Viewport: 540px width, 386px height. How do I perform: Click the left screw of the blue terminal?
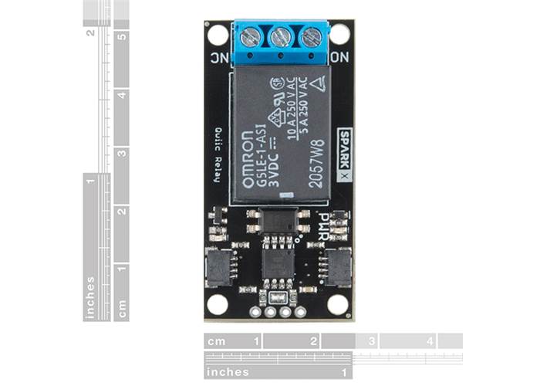tap(250, 37)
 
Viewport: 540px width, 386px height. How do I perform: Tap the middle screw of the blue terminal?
tap(281, 37)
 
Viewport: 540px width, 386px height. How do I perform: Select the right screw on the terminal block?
tap(311, 37)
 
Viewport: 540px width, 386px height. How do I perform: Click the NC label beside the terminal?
tap(218, 57)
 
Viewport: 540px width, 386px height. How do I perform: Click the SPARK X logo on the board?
tap(345, 155)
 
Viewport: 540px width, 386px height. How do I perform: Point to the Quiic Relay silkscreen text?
tap(218, 155)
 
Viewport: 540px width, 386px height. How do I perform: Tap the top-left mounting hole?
tap(218, 34)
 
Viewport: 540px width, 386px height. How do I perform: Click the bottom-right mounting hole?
tap(338, 304)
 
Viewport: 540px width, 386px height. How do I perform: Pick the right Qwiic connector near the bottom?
tap(338, 267)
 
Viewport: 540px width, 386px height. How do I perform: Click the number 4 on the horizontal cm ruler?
tap(430, 340)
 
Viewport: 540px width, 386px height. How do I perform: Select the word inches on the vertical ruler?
tap(90, 297)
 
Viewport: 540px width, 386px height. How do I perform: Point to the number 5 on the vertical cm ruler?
tap(122, 36)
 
